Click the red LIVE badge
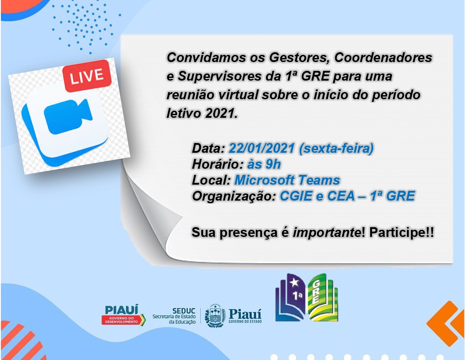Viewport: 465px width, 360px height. coord(86,76)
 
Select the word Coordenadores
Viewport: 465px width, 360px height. coord(383,58)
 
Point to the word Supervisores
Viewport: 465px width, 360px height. coord(218,77)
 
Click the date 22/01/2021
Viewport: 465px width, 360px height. coord(262,148)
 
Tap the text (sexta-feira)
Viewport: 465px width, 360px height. coord(336,148)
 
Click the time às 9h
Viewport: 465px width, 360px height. coord(264,164)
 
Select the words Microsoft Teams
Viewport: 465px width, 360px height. coord(287,180)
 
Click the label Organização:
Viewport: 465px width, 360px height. coord(234,196)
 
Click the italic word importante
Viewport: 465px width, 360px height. coord(326,232)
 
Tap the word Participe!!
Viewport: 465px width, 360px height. coord(402,232)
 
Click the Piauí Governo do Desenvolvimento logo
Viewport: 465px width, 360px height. coord(123,315)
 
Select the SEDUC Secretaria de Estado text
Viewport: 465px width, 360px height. coord(174,316)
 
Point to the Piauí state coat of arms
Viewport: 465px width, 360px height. coord(215,316)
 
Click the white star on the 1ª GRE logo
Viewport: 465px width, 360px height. coord(294,283)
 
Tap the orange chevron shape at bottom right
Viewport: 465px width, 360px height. coord(445,324)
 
